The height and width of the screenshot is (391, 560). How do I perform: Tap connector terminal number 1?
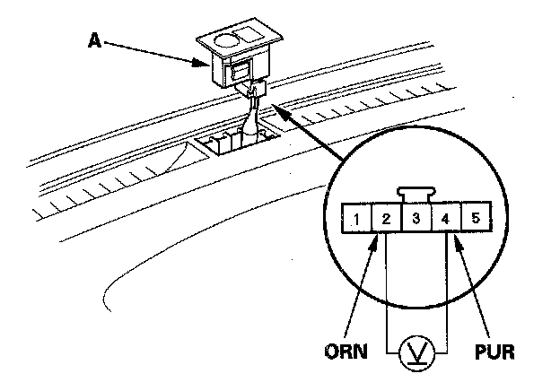[356, 217]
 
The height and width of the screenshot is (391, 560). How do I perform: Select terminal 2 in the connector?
[385, 217]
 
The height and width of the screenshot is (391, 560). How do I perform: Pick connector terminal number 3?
[415, 217]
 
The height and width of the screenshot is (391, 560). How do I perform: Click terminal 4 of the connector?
[444, 217]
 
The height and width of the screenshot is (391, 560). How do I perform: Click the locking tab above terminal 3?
[415, 193]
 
